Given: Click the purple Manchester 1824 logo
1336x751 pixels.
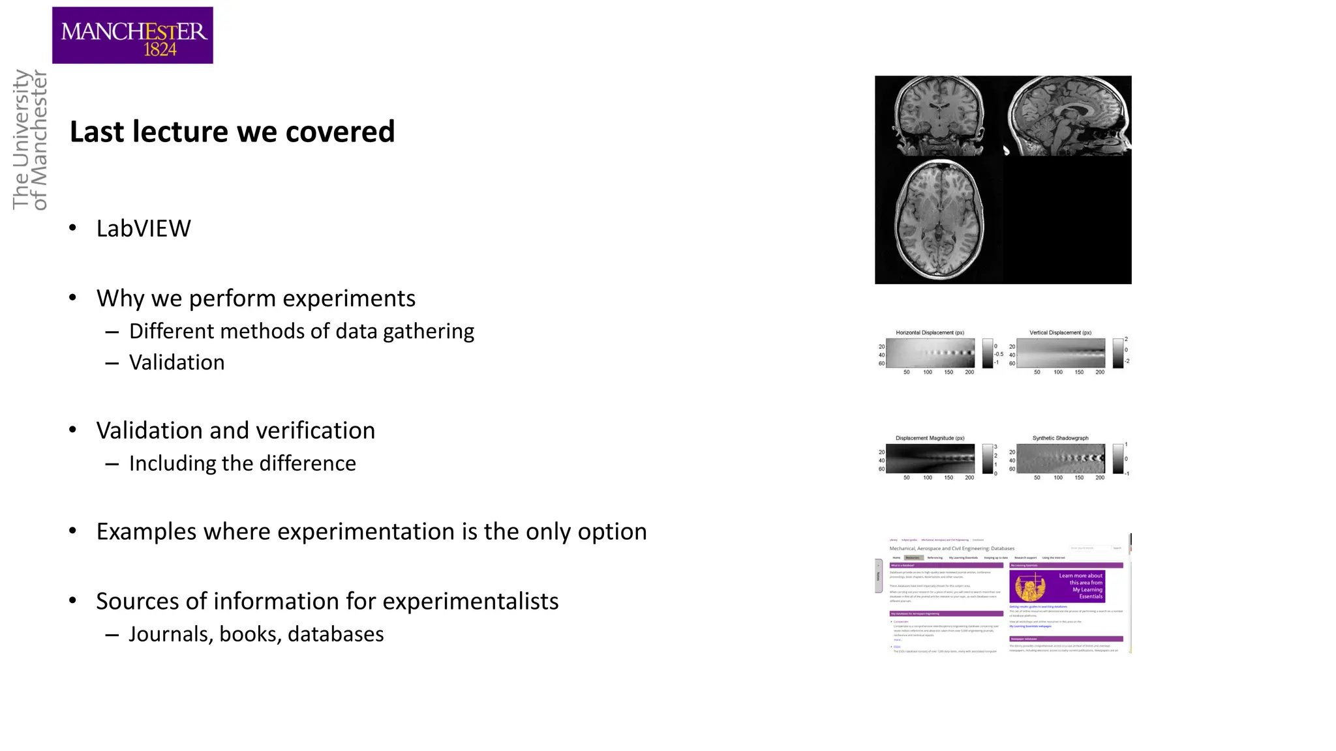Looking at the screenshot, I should click(x=132, y=35).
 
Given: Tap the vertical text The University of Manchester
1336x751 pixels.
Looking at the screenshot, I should click(x=30, y=140).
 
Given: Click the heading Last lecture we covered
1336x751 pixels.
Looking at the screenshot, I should click(x=232, y=132).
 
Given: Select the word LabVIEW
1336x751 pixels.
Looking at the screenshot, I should click(x=144, y=229).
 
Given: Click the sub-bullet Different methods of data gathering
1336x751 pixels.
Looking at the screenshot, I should click(x=301, y=331).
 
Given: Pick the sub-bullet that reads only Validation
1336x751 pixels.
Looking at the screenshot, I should click(x=177, y=362).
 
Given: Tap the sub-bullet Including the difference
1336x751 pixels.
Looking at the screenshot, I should click(x=242, y=464).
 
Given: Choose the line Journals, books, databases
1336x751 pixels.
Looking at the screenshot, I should click(x=256, y=634).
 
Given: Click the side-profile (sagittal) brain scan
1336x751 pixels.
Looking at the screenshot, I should click(x=1068, y=116).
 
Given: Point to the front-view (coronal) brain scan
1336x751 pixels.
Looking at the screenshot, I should click(x=939, y=115).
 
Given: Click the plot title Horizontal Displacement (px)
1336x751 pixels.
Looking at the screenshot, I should click(x=930, y=332).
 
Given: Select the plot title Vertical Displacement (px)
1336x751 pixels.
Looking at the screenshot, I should click(x=1060, y=332).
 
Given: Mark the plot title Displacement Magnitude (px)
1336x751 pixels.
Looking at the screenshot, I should click(x=930, y=438).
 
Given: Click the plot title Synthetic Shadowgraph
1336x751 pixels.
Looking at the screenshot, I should click(x=1060, y=438).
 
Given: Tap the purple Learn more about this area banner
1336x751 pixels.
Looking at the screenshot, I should click(x=1057, y=586).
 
